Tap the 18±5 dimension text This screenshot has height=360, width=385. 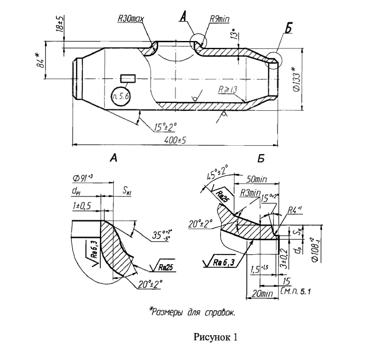coord(60,25)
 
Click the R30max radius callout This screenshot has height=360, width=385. coord(131,19)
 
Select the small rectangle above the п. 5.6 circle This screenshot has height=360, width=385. coord(128,77)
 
